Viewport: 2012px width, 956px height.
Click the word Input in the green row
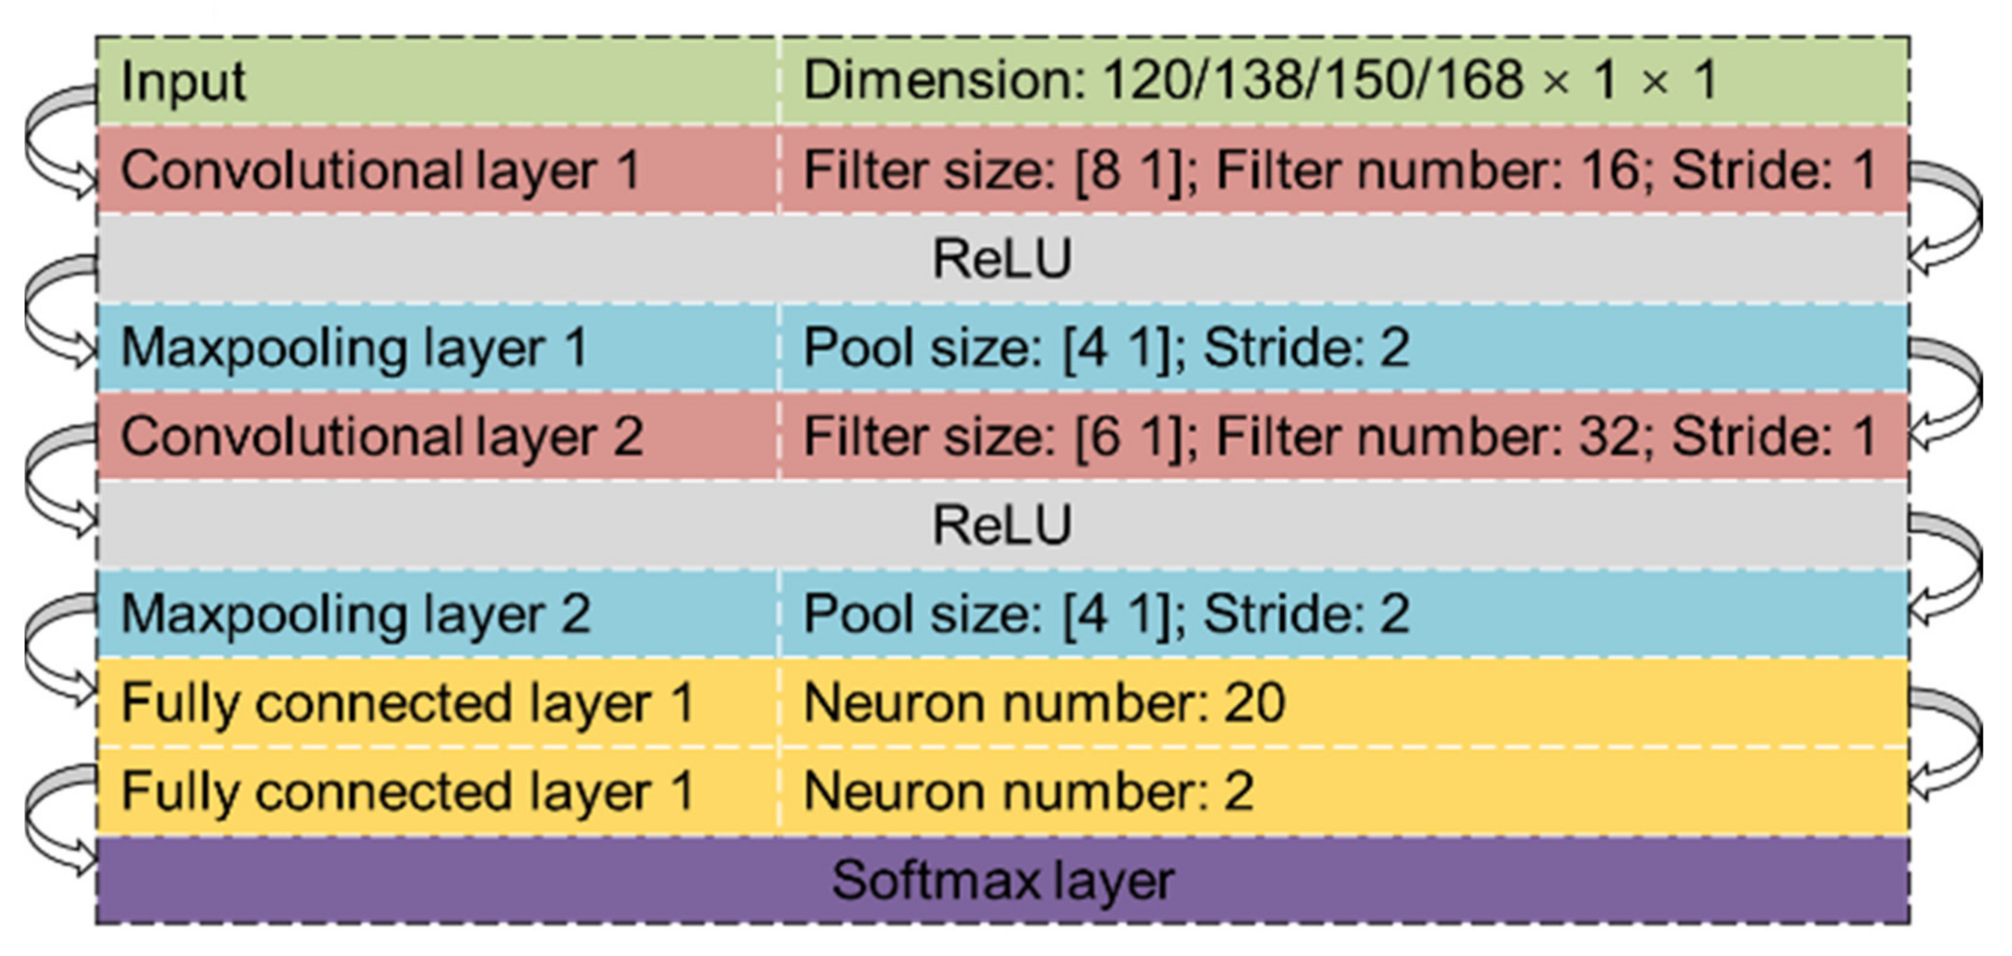pyautogui.click(x=183, y=81)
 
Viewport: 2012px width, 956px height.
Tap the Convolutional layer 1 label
pyautogui.click(x=380, y=170)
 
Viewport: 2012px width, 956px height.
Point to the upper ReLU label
pyautogui.click(x=1002, y=259)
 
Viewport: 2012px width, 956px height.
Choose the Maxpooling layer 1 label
pyautogui.click(x=354, y=348)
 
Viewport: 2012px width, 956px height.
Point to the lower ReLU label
pyautogui.click(x=1002, y=525)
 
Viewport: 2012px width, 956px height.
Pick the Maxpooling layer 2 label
pyautogui.click(x=355, y=614)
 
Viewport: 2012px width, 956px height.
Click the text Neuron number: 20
pyautogui.click(x=1044, y=703)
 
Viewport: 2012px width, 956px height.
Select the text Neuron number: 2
pyautogui.click(x=1028, y=791)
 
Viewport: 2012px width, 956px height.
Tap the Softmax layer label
pyautogui.click(x=1002, y=880)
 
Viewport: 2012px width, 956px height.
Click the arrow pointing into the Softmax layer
pyautogui.click(x=47, y=820)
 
